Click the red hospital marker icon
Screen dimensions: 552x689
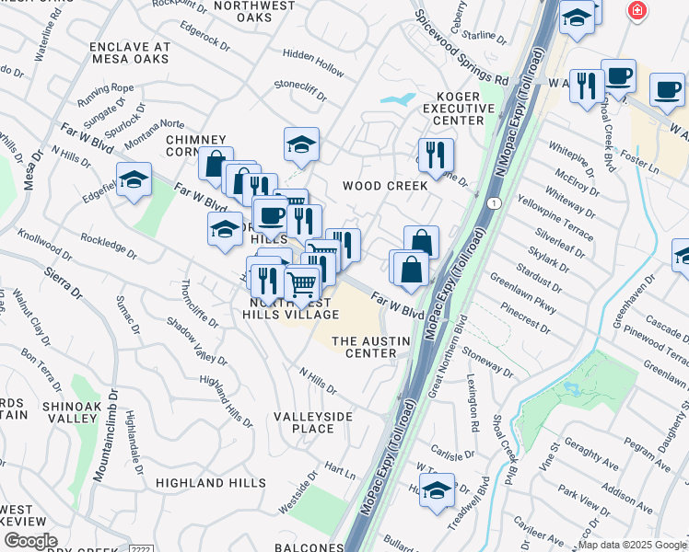click(636, 10)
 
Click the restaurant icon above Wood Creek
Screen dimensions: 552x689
click(435, 154)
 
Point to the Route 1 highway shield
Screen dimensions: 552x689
click(496, 203)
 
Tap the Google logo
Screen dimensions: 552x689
click(30, 541)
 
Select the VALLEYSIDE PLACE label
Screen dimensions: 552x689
click(312, 422)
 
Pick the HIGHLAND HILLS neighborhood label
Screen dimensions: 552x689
click(204, 482)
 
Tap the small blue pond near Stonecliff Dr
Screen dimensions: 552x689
click(397, 98)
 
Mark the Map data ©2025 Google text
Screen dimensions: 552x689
click(632, 545)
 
